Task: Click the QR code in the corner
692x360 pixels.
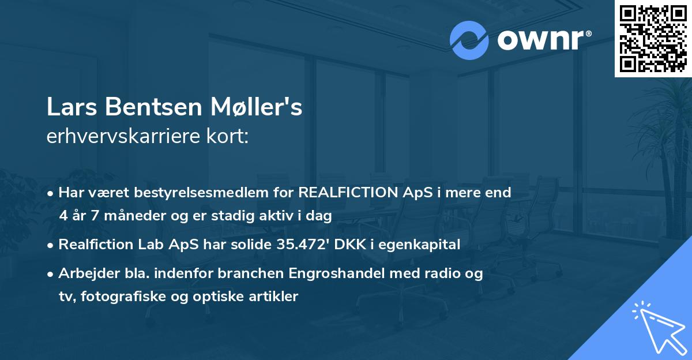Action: (653, 38)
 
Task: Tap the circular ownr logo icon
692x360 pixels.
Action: (469, 40)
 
